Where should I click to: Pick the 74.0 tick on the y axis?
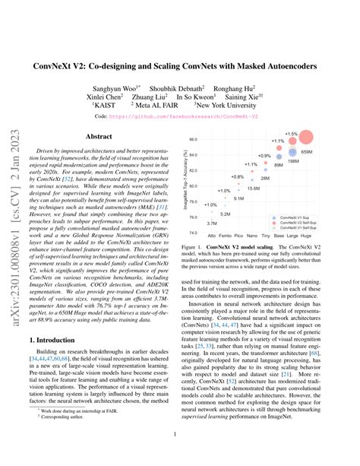(193, 232)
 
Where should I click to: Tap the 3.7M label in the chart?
(211, 223)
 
